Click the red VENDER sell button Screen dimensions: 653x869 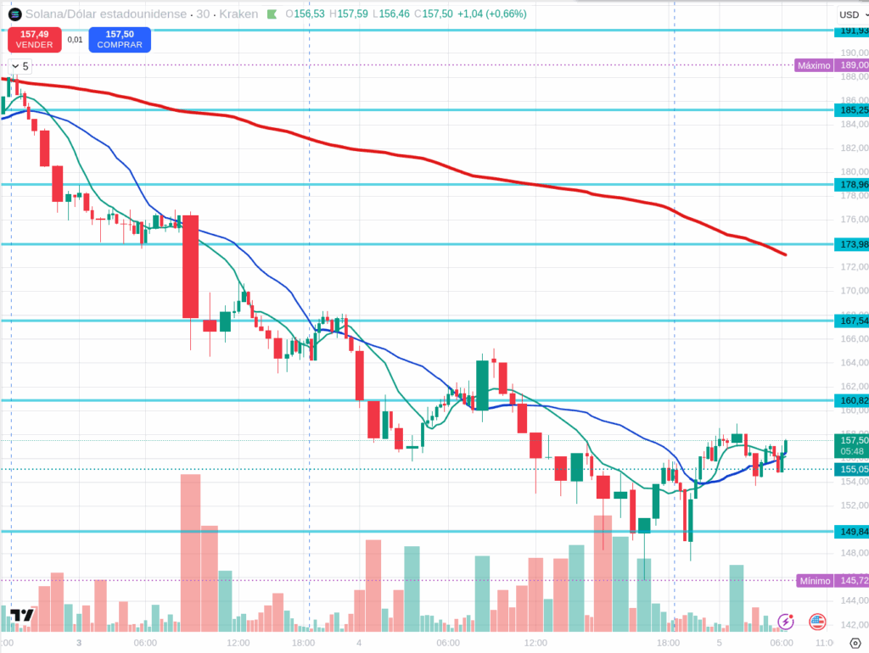click(34, 39)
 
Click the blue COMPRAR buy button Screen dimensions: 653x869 click(120, 39)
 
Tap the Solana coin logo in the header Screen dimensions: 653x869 click(15, 14)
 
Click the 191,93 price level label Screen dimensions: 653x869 click(852, 31)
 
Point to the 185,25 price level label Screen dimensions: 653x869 click(852, 110)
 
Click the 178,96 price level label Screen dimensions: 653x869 click(852, 185)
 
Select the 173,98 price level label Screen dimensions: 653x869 click(852, 244)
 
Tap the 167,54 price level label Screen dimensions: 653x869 click(852, 321)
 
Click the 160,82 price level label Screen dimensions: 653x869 click(852, 400)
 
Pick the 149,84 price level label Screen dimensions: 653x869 click(852, 532)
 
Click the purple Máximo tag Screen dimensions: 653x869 click(813, 65)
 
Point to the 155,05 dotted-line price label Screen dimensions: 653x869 click(852, 469)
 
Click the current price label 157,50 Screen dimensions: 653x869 click(852, 440)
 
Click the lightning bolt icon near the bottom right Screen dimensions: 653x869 click(786, 622)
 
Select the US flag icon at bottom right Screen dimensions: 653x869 click(817, 622)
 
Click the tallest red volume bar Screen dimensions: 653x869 click(191, 551)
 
